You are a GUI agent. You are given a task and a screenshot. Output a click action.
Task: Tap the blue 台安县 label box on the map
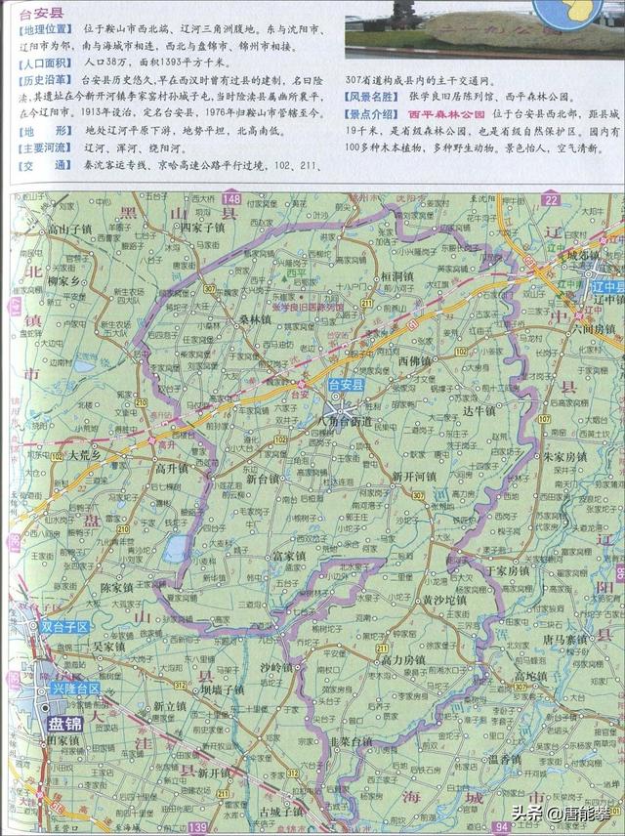347,385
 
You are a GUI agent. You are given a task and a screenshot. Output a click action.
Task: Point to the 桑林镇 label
255,319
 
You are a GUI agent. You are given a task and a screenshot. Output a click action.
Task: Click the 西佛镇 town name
415,360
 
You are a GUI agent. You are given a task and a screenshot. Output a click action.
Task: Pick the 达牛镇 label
479,411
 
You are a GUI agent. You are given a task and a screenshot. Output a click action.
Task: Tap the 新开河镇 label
413,476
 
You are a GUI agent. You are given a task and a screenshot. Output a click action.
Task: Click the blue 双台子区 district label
64,626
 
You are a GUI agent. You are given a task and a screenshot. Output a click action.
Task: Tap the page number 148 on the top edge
230,198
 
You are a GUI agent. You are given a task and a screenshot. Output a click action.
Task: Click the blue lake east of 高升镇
177,549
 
